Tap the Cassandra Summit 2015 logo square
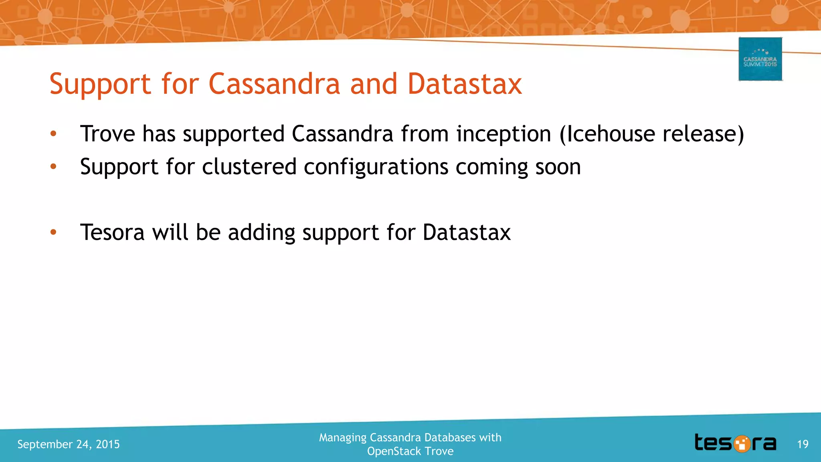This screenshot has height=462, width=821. (760, 59)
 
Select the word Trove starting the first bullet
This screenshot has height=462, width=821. (107, 134)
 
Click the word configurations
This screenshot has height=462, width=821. (376, 167)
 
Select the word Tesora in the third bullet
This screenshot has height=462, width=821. (112, 232)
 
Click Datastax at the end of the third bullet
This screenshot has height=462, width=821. (467, 232)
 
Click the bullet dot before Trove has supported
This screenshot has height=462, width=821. (53, 134)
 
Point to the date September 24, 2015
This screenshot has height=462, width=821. (69, 444)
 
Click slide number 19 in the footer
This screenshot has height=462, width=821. (803, 444)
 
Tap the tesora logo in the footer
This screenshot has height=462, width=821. (735, 443)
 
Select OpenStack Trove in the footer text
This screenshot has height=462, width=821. (410, 451)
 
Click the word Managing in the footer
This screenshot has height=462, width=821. (343, 438)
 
